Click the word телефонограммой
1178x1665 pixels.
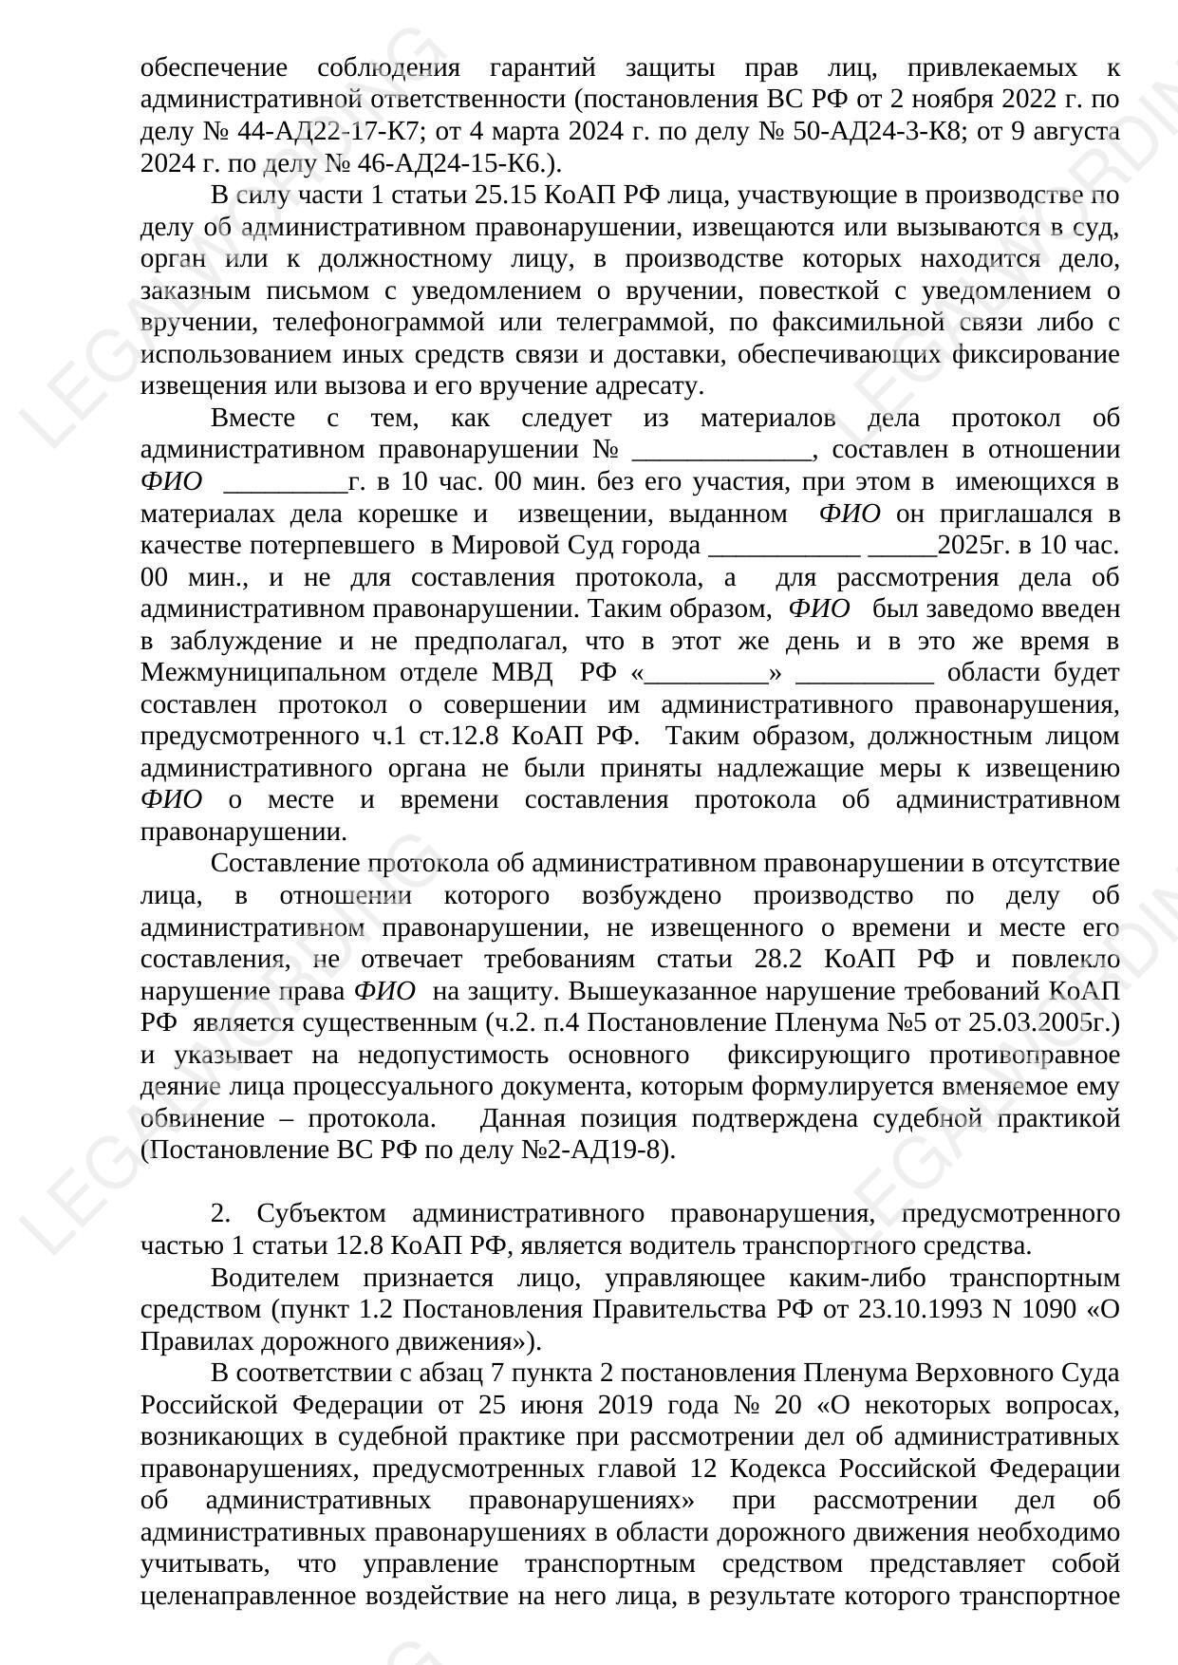click(379, 323)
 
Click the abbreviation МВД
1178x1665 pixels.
click(522, 673)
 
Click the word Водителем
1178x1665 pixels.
click(269, 1278)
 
